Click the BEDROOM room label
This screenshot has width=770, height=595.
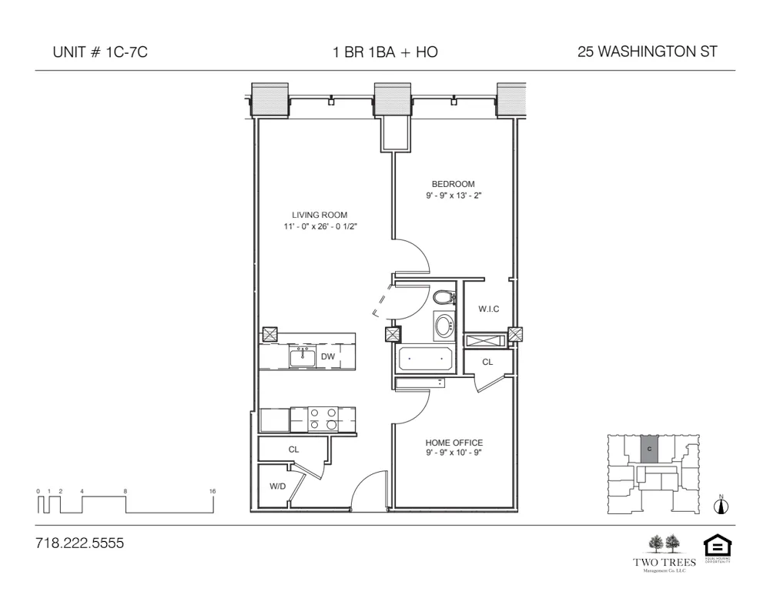453,184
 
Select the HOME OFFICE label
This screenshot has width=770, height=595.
454,443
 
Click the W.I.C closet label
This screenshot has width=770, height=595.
488,309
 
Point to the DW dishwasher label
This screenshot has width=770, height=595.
328,356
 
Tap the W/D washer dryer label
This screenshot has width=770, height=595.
277,486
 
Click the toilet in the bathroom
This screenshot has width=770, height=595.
443,297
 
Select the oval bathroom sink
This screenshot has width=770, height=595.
444,326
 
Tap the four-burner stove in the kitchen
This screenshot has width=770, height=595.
323,419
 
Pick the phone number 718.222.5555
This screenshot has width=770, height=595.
79,543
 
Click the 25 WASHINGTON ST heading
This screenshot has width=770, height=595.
647,52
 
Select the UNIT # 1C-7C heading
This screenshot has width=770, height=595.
99,52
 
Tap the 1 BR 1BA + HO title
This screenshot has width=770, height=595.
385,52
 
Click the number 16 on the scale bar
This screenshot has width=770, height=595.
212,490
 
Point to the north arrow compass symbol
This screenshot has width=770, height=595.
721,505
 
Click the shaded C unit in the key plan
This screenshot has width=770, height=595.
650,449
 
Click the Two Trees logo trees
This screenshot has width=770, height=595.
665,543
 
